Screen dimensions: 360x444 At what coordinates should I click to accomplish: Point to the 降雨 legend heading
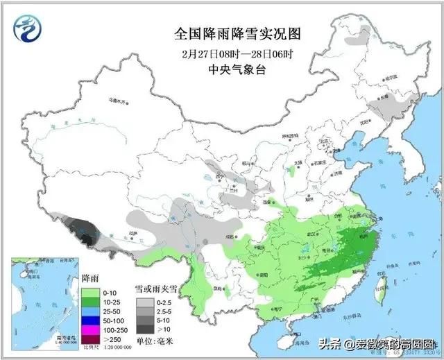(91, 278)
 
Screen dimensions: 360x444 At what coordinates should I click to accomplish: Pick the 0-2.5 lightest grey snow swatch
(143, 303)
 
